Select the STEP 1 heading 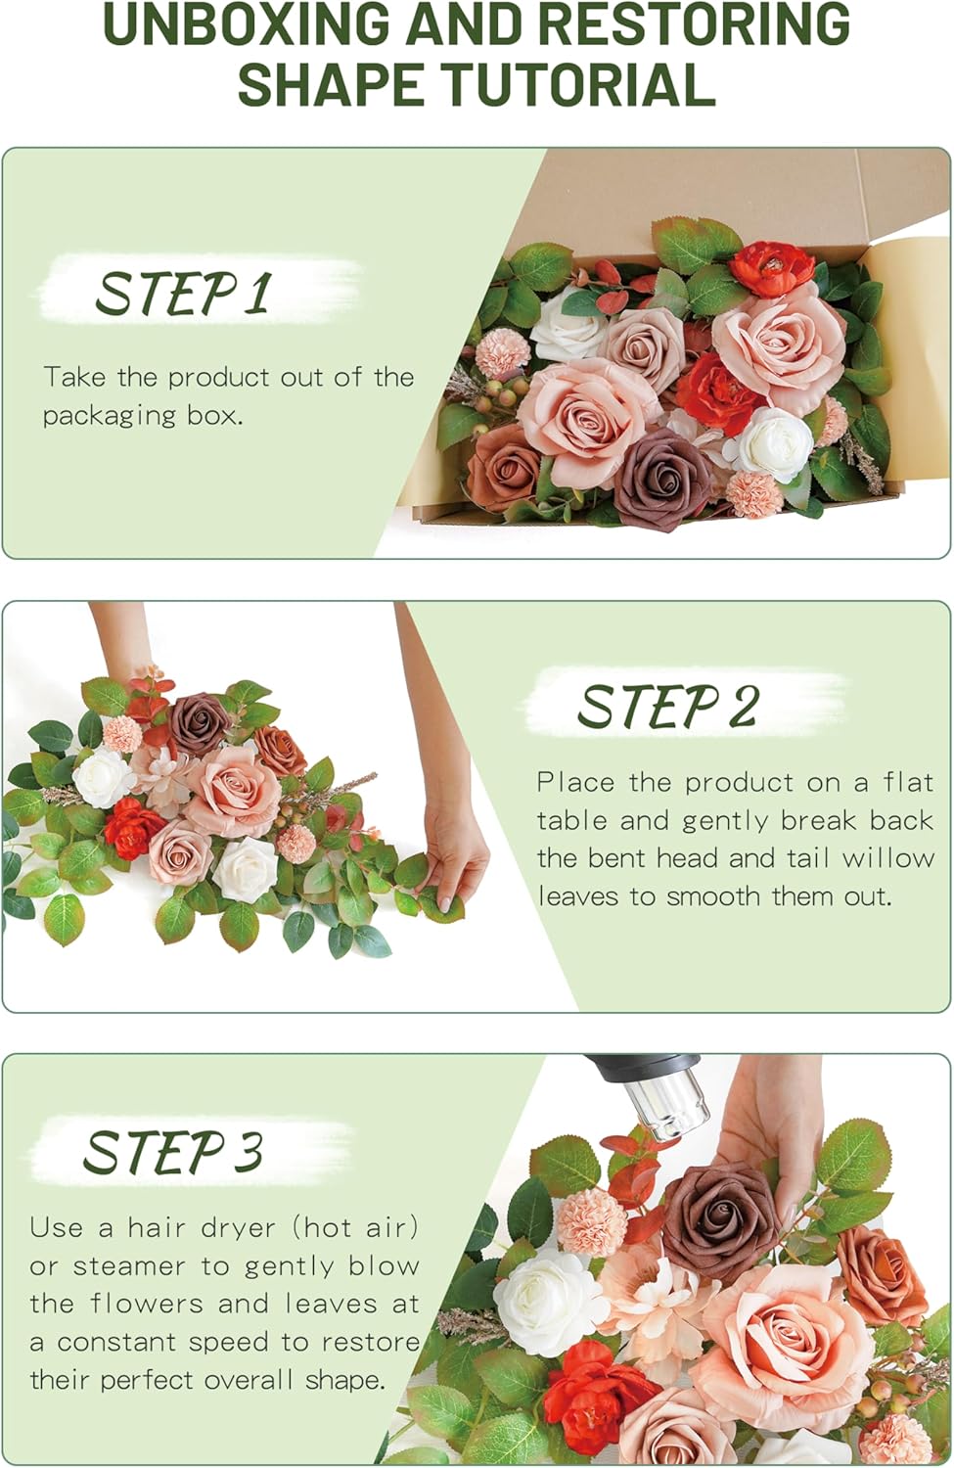pyautogui.click(x=182, y=293)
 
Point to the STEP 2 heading pyautogui.click(x=667, y=707)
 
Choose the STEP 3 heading pyautogui.click(x=173, y=1152)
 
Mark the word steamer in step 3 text pyautogui.click(x=129, y=1266)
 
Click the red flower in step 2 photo pyautogui.click(x=134, y=825)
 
